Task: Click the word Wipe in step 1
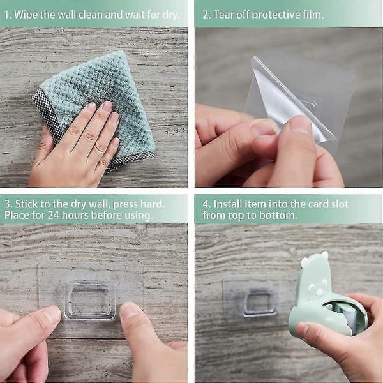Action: (x=26, y=15)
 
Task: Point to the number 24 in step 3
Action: (x=54, y=216)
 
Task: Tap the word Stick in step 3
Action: (x=26, y=204)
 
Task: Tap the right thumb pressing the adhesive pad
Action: (x=137, y=325)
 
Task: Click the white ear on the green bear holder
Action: (x=304, y=262)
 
